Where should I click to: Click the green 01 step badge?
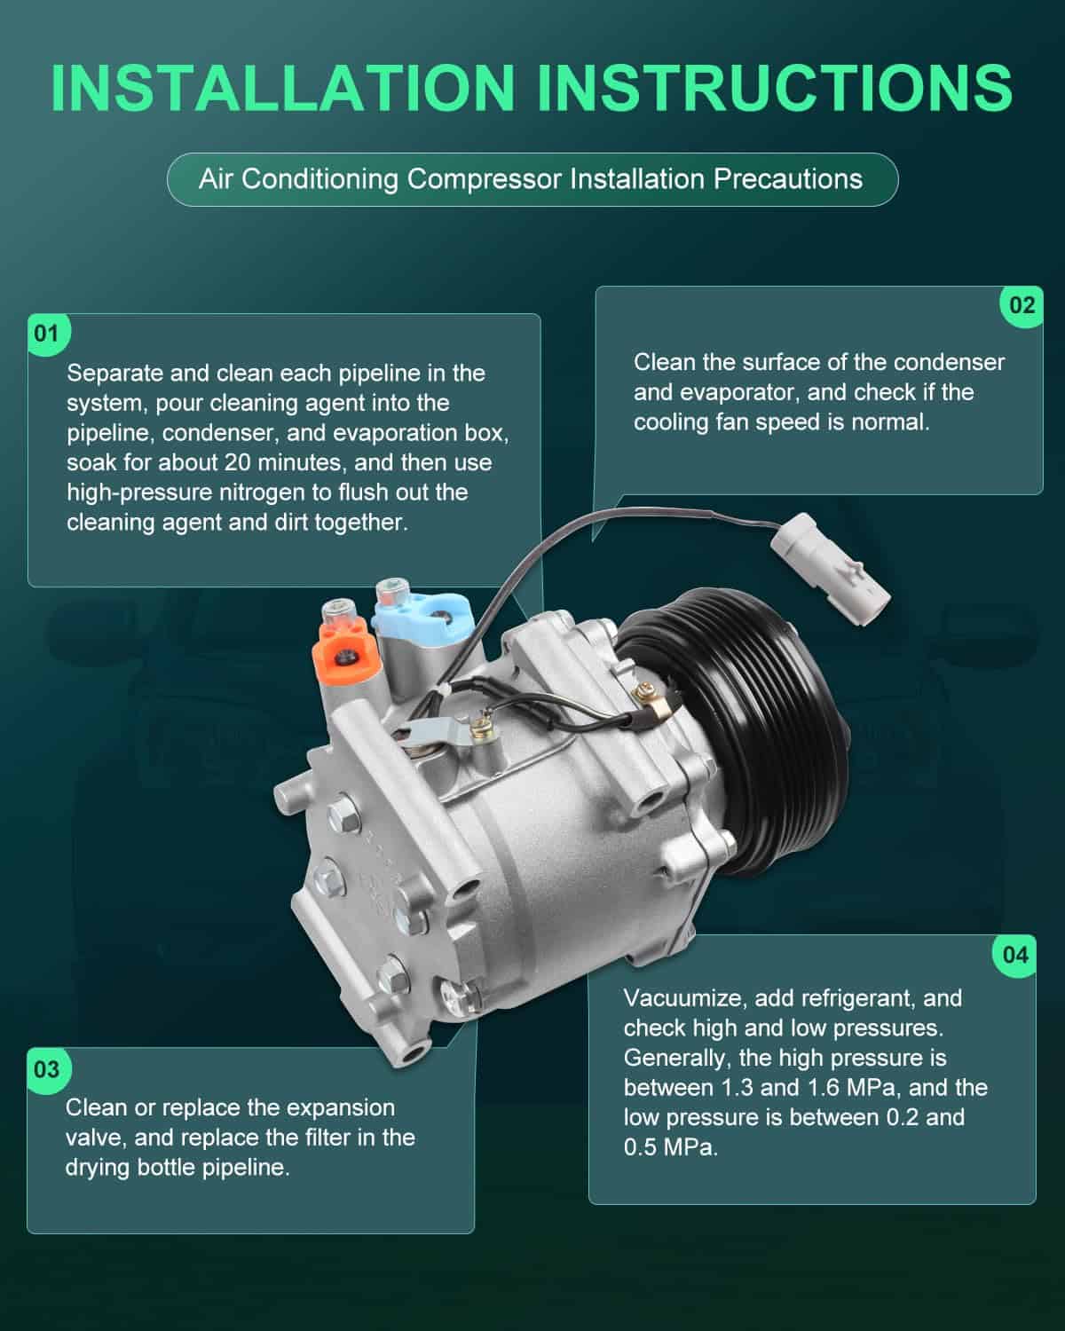(48, 335)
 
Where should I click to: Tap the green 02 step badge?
(1022, 306)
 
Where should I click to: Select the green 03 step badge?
(48, 1070)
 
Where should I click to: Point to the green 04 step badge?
(1015, 956)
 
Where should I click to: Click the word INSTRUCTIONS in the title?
(775, 88)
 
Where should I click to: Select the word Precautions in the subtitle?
(788, 179)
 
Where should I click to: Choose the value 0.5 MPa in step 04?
(670, 1148)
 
